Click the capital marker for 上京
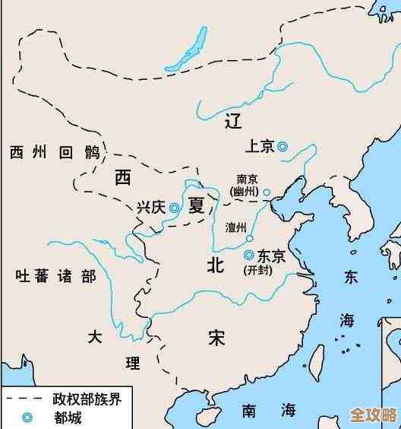pos(283,147)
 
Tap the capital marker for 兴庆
pos(175,207)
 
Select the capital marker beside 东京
pos(248,256)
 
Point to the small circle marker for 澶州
pos(249,237)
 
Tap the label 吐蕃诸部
pos(55,275)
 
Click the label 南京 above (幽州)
pos(248,180)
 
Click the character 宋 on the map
pos(216,337)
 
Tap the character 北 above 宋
pos(216,265)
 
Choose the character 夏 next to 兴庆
pos(197,205)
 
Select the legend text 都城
pos(66,418)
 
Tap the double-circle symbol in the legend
pos(28,418)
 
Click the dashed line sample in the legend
pos(23,399)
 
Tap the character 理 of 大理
pos(132,363)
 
